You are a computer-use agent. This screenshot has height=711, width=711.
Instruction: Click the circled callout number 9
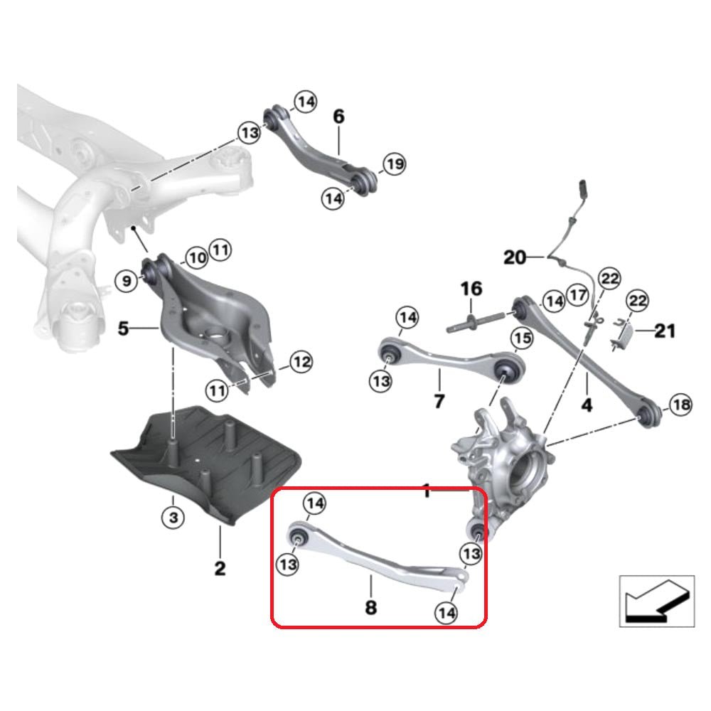(126, 282)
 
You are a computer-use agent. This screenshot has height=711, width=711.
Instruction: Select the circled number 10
(196, 257)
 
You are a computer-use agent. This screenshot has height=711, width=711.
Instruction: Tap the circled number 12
(301, 363)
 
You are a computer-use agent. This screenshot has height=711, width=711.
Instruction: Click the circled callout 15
(522, 339)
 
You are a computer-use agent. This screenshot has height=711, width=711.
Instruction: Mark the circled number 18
(680, 406)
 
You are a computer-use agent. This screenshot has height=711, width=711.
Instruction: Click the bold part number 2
(220, 568)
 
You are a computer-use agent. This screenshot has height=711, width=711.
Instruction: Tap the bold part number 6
(338, 116)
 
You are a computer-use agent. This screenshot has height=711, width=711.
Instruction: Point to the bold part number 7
(439, 402)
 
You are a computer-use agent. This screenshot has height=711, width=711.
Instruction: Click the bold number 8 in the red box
(370, 607)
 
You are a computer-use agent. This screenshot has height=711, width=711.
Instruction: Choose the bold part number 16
(471, 289)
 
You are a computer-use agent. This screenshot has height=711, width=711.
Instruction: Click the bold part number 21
(665, 331)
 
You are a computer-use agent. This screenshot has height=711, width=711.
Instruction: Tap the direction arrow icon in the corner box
(654, 599)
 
